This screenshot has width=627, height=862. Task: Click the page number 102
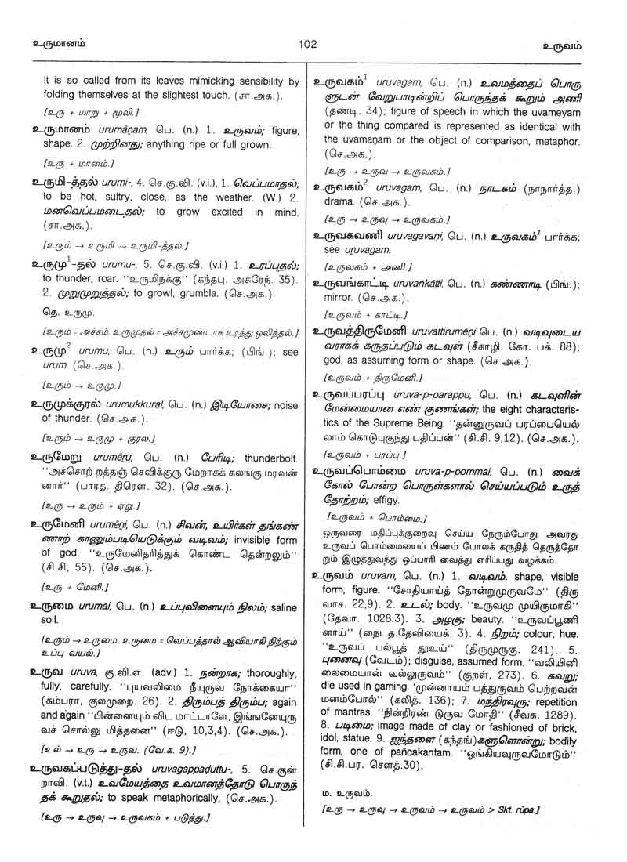pos(307,45)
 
